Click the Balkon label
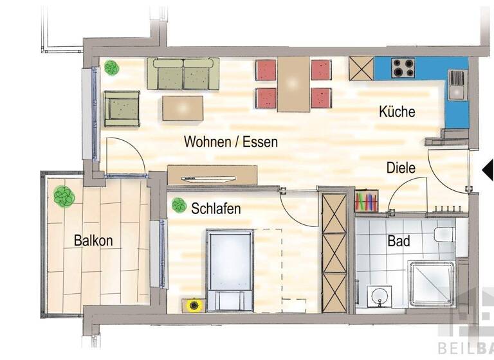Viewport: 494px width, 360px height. click(x=93, y=241)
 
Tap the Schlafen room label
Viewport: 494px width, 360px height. click(x=215, y=208)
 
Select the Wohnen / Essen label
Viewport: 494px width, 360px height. click(x=230, y=141)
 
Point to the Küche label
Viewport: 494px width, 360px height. click(x=397, y=111)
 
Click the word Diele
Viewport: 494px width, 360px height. click(x=401, y=168)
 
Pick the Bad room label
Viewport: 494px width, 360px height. click(x=399, y=242)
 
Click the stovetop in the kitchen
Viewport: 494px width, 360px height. click(x=403, y=67)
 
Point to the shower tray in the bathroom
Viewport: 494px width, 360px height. click(x=432, y=283)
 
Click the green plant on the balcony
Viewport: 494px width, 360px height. click(x=64, y=196)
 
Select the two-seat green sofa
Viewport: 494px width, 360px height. click(x=183, y=74)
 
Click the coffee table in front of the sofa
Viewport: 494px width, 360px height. click(x=183, y=108)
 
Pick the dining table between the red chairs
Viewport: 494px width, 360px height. click(x=294, y=84)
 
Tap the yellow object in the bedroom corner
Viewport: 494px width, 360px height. click(x=192, y=305)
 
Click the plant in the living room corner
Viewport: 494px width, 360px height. click(x=111, y=66)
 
